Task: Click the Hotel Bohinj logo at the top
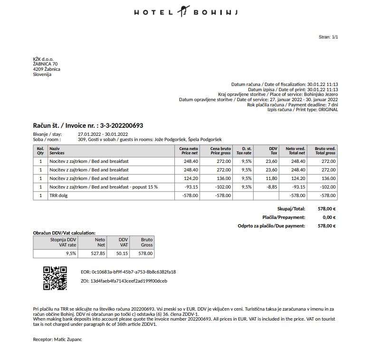coord(186,12)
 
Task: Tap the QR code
coord(55,278)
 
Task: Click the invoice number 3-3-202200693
coord(122,126)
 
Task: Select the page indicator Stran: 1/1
coord(328,37)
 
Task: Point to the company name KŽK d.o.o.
coord(43,59)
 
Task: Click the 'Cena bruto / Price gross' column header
coord(220,151)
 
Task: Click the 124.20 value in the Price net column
coord(191,179)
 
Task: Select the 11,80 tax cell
coord(271,179)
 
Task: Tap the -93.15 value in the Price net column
coord(191,187)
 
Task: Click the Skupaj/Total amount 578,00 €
coord(326,209)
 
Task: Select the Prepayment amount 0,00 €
coord(329,218)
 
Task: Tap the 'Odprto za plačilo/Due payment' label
coord(271,226)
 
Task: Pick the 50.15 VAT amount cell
coord(122,254)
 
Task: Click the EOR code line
coord(128,272)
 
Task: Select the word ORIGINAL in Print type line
coord(328,110)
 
